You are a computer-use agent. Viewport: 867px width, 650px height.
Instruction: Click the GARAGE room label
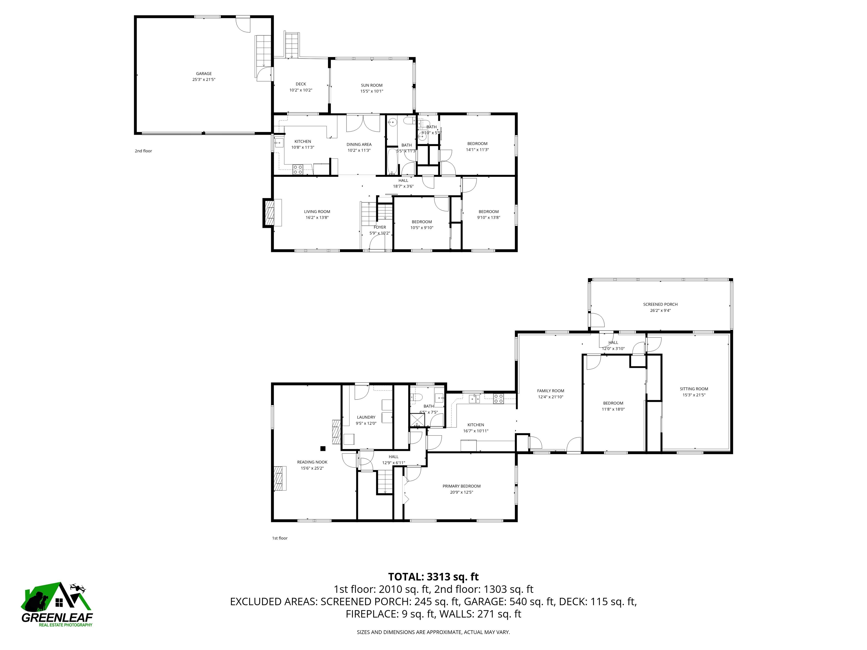coord(203,74)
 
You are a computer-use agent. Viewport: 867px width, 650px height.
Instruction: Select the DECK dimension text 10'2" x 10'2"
coord(301,90)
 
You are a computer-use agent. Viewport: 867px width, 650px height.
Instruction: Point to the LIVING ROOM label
coord(317,212)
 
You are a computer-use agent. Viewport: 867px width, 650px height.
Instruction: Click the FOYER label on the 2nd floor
coord(379,227)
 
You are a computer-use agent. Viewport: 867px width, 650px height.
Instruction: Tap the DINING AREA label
coord(359,144)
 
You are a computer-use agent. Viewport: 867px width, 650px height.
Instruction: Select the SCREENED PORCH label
coord(660,304)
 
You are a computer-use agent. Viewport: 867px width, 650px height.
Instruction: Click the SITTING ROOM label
coord(693,389)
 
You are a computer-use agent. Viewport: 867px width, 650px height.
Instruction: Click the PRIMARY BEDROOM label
coord(461,486)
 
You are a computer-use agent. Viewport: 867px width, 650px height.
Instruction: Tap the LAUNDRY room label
coord(366,417)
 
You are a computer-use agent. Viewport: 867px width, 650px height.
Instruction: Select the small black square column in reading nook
coord(323,449)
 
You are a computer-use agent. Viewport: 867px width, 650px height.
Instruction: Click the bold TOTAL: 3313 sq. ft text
coord(433,577)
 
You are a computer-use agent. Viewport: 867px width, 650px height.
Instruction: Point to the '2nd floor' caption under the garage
coord(143,151)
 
